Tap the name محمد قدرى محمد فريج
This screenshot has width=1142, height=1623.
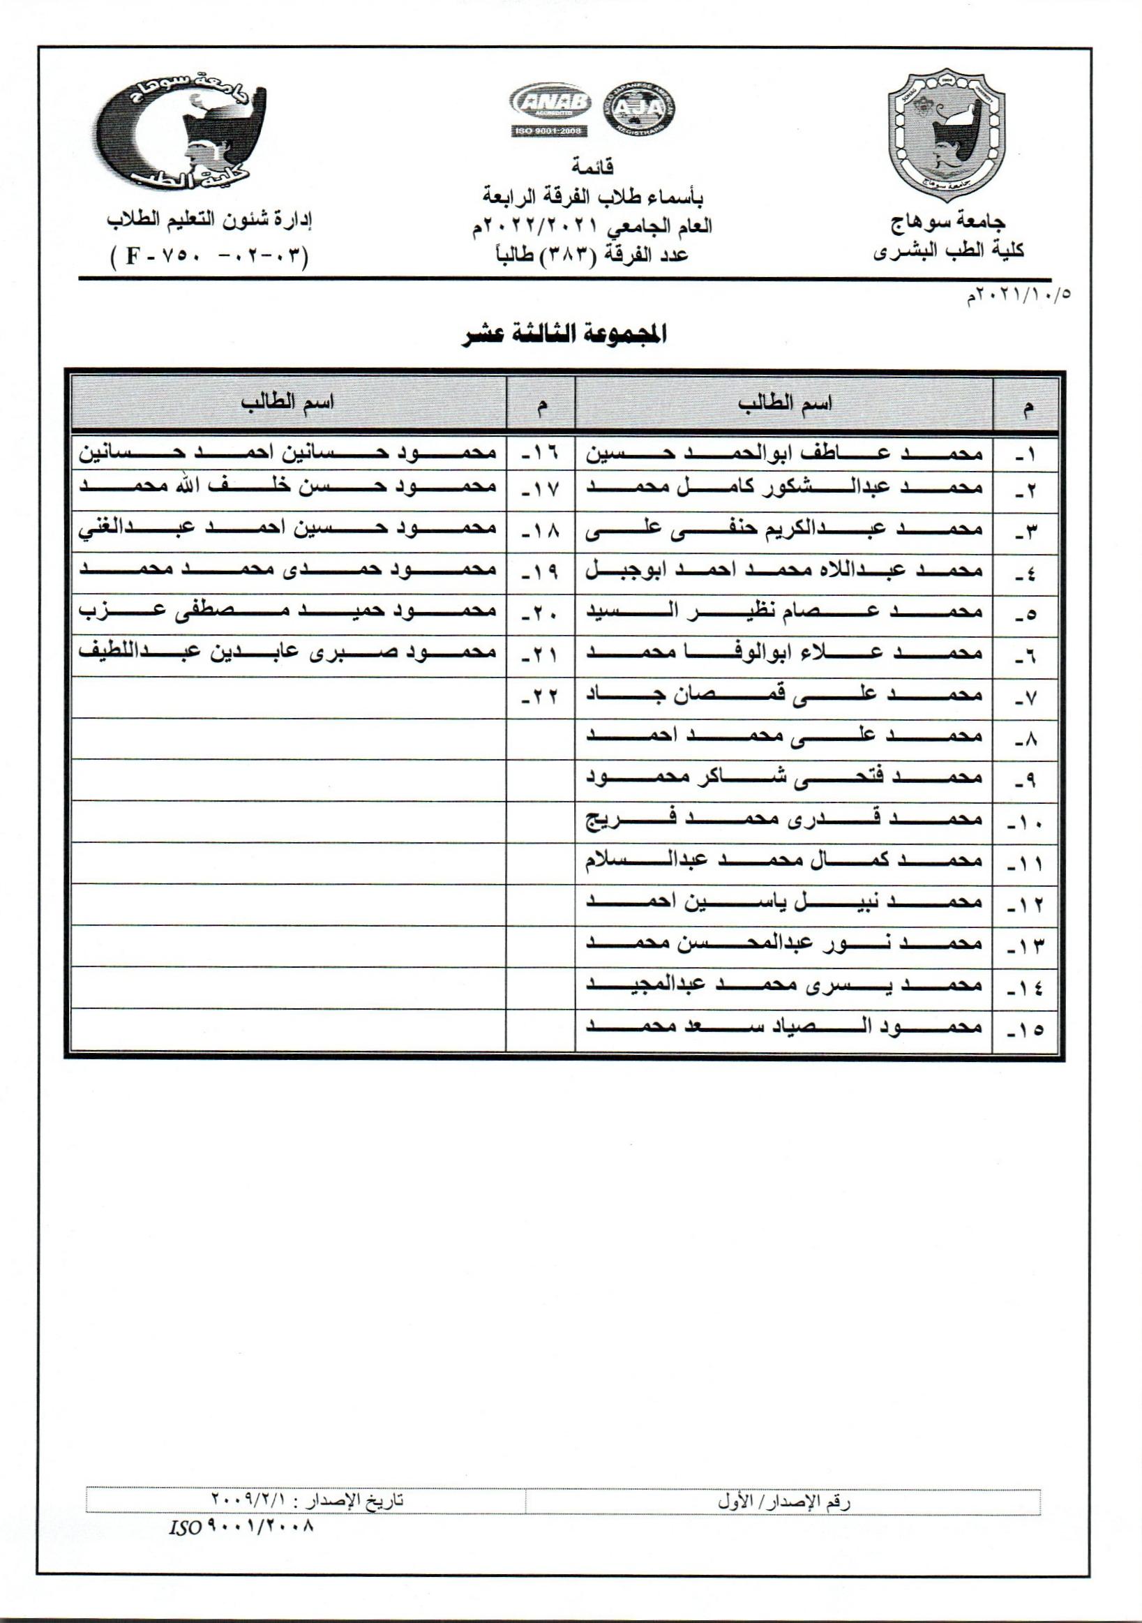pyautogui.click(x=784, y=820)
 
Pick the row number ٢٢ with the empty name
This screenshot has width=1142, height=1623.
pyautogui.click(x=541, y=697)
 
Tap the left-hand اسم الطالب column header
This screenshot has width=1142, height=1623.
pyautogui.click(x=288, y=403)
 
